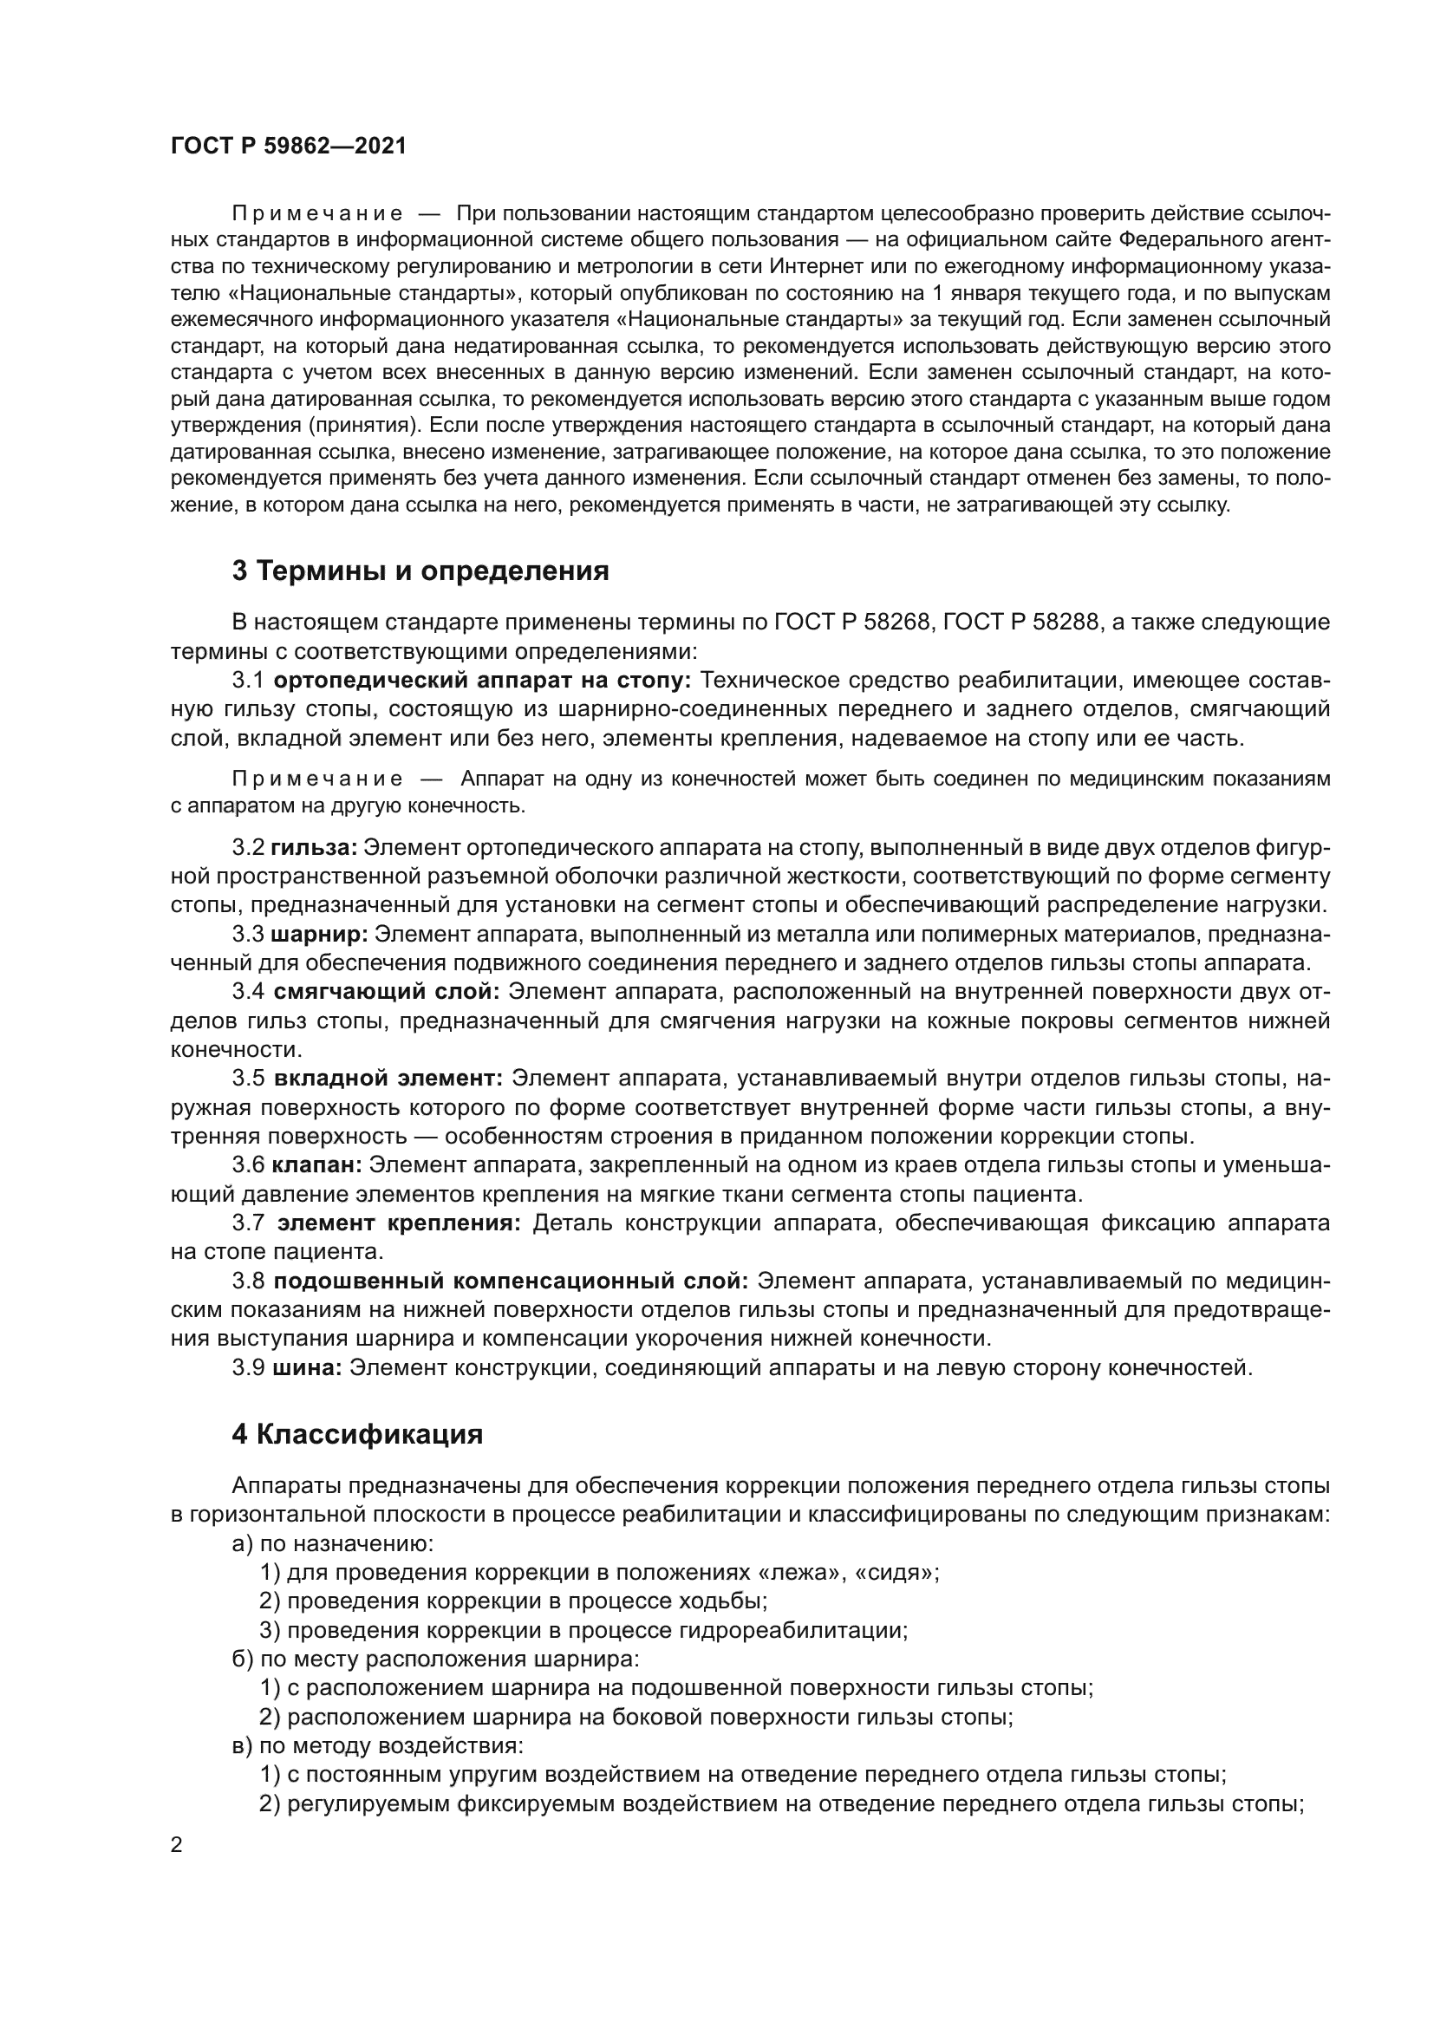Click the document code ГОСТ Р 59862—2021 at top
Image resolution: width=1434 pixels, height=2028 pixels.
click(289, 147)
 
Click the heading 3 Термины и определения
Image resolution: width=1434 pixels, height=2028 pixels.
click(420, 571)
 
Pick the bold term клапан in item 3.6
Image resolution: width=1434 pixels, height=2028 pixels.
click(316, 1165)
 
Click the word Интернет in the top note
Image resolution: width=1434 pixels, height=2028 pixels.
click(808, 266)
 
